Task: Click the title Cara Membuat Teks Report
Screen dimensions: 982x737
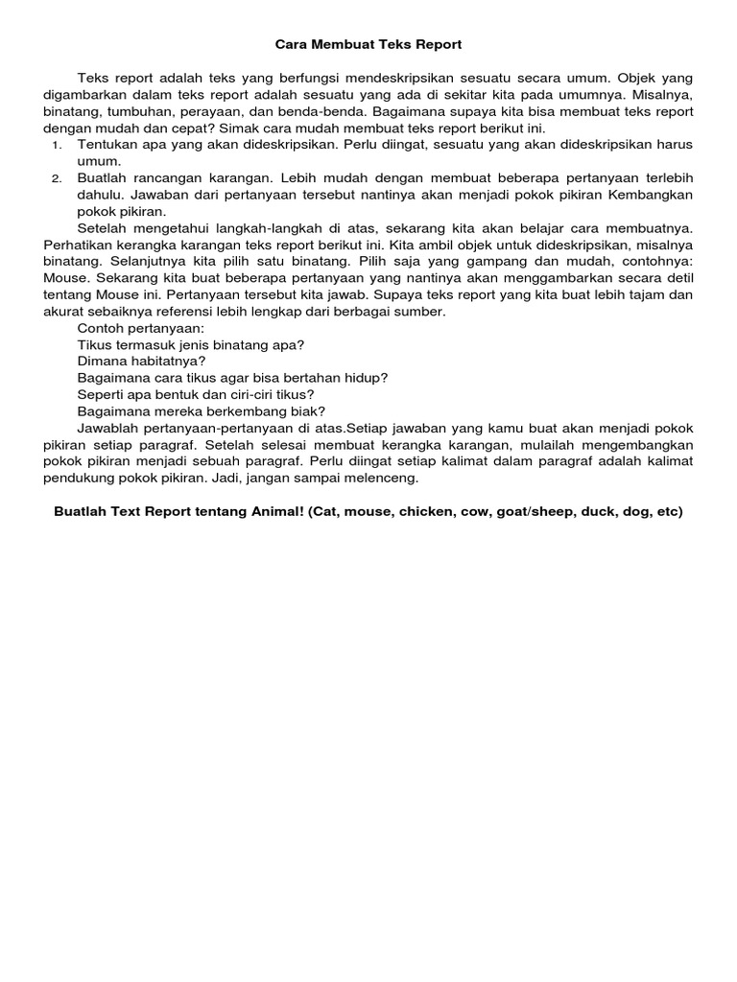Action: [x=368, y=44]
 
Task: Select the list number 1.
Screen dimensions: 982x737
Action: [x=57, y=145]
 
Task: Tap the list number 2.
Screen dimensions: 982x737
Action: [x=57, y=178]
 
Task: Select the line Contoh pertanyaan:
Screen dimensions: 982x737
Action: [x=140, y=328]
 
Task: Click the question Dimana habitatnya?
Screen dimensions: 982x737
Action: [x=141, y=362]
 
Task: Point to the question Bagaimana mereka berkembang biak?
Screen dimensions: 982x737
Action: [x=201, y=410]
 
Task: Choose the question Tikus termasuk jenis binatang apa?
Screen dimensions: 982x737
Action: [x=191, y=344]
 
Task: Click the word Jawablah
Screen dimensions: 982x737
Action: [x=108, y=428]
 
